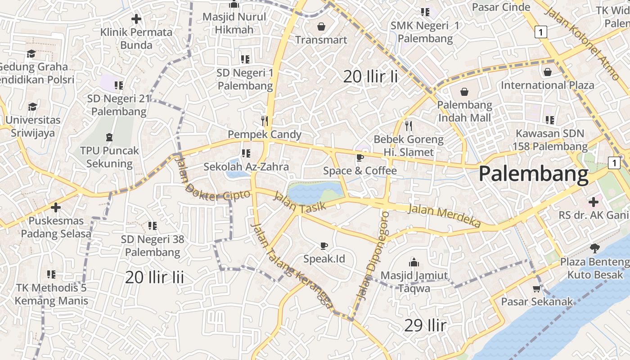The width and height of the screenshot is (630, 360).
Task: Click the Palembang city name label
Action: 533,174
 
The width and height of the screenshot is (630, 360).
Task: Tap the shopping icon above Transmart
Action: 321,27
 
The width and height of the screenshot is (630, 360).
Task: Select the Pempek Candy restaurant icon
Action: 265,121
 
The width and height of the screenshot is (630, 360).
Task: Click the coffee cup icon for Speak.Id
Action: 324,246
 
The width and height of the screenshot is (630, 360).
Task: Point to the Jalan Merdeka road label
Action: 444,216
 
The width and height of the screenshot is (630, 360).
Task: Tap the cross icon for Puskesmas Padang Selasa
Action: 56,207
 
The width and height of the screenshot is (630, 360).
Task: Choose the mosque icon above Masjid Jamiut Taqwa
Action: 414,262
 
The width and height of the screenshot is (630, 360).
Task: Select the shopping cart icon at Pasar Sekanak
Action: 536,288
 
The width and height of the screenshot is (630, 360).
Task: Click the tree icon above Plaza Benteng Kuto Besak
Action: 594,248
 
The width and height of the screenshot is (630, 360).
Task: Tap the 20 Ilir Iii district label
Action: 154,277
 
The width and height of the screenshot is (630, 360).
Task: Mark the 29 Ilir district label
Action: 425,325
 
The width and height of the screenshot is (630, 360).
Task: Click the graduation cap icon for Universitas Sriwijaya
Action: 32,107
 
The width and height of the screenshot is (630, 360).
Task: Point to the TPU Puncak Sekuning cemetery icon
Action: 109,137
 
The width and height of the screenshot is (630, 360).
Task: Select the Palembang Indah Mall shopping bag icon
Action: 464,92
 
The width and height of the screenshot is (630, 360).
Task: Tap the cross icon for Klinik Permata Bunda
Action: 136,19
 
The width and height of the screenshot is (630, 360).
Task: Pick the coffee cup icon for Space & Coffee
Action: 360,157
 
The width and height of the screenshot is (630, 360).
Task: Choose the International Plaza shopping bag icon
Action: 548,72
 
